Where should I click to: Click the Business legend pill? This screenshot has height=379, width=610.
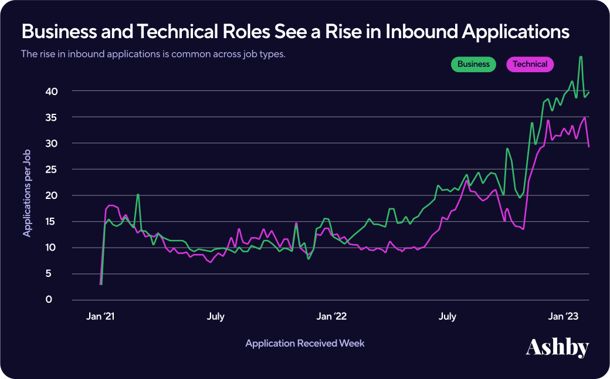[473, 65]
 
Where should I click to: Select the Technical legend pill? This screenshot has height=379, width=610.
[530, 65]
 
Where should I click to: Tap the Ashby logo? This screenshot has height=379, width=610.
[557, 347]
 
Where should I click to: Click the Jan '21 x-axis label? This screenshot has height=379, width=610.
[101, 317]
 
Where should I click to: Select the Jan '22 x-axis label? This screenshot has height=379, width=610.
[332, 317]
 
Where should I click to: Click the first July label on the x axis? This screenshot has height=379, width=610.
[215, 317]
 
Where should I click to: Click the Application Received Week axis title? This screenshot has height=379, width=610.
[305, 343]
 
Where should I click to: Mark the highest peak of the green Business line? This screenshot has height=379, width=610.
[581, 57]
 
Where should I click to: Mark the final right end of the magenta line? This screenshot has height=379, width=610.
[588, 147]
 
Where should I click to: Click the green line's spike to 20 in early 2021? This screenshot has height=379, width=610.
[138, 195]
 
